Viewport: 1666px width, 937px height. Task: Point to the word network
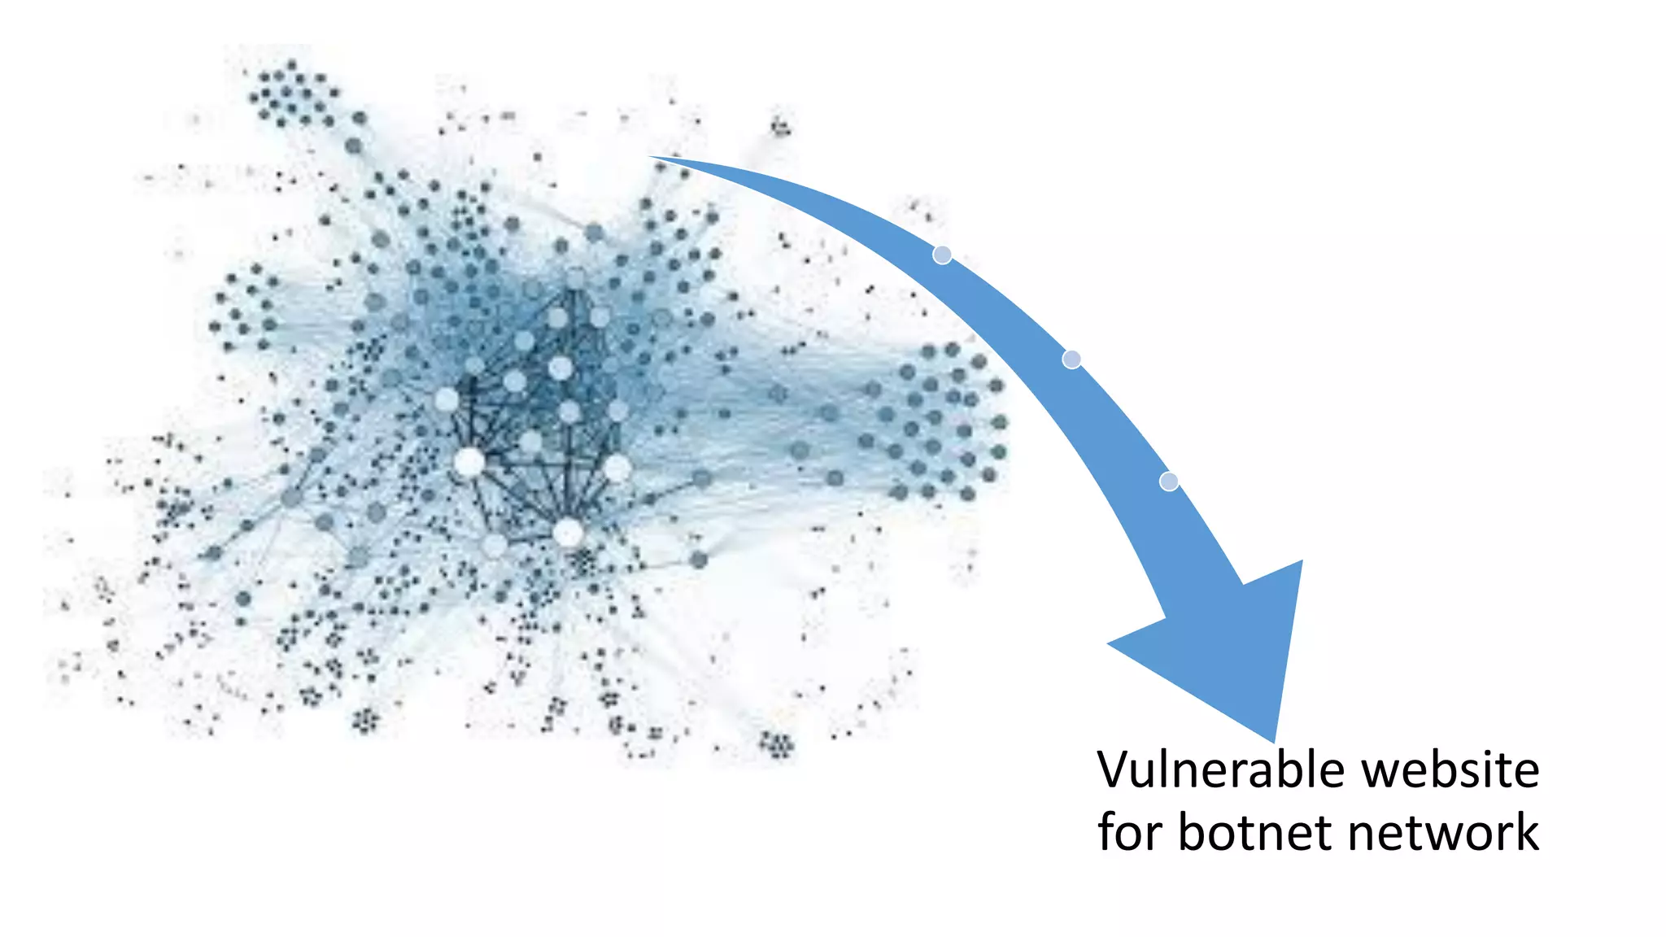(1442, 832)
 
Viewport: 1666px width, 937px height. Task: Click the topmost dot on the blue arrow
(942, 255)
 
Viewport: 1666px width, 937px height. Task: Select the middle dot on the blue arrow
(1072, 359)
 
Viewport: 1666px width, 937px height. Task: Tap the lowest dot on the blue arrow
(1169, 482)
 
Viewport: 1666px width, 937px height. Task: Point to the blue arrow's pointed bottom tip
(1274, 741)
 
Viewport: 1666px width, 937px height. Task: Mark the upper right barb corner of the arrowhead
(1302, 561)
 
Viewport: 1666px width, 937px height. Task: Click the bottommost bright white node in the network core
(568, 534)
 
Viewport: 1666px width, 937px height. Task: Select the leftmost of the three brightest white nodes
(469, 463)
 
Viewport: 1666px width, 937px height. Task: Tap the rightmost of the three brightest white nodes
(617, 468)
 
